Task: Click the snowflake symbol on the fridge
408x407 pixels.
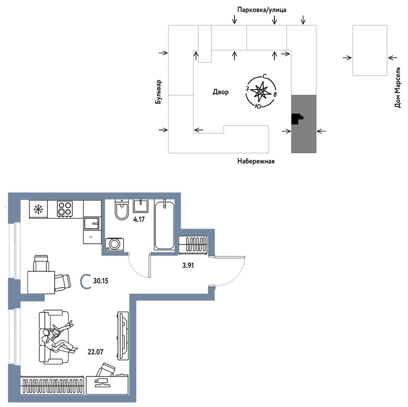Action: (x=38, y=209)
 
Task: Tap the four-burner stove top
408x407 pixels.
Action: (x=65, y=209)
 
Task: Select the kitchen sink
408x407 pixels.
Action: (x=92, y=223)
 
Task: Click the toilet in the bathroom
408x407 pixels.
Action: (x=122, y=210)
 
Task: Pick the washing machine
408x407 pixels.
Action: (x=115, y=244)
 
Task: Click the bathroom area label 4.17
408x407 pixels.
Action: (x=139, y=220)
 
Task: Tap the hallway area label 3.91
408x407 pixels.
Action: (x=188, y=266)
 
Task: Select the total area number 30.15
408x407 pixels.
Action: (x=101, y=281)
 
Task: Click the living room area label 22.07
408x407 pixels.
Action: (x=95, y=352)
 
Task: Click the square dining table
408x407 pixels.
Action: (x=41, y=282)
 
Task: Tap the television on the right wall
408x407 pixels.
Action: (x=123, y=336)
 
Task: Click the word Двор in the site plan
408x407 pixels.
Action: (x=221, y=92)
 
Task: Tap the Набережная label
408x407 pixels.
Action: (x=256, y=161)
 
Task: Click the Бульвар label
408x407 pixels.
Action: (x=158, y=92)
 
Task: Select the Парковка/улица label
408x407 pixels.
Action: (x=262, y=10)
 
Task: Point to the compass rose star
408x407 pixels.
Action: (x=260, y=91)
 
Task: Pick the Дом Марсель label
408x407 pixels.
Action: (x=397, y=87)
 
